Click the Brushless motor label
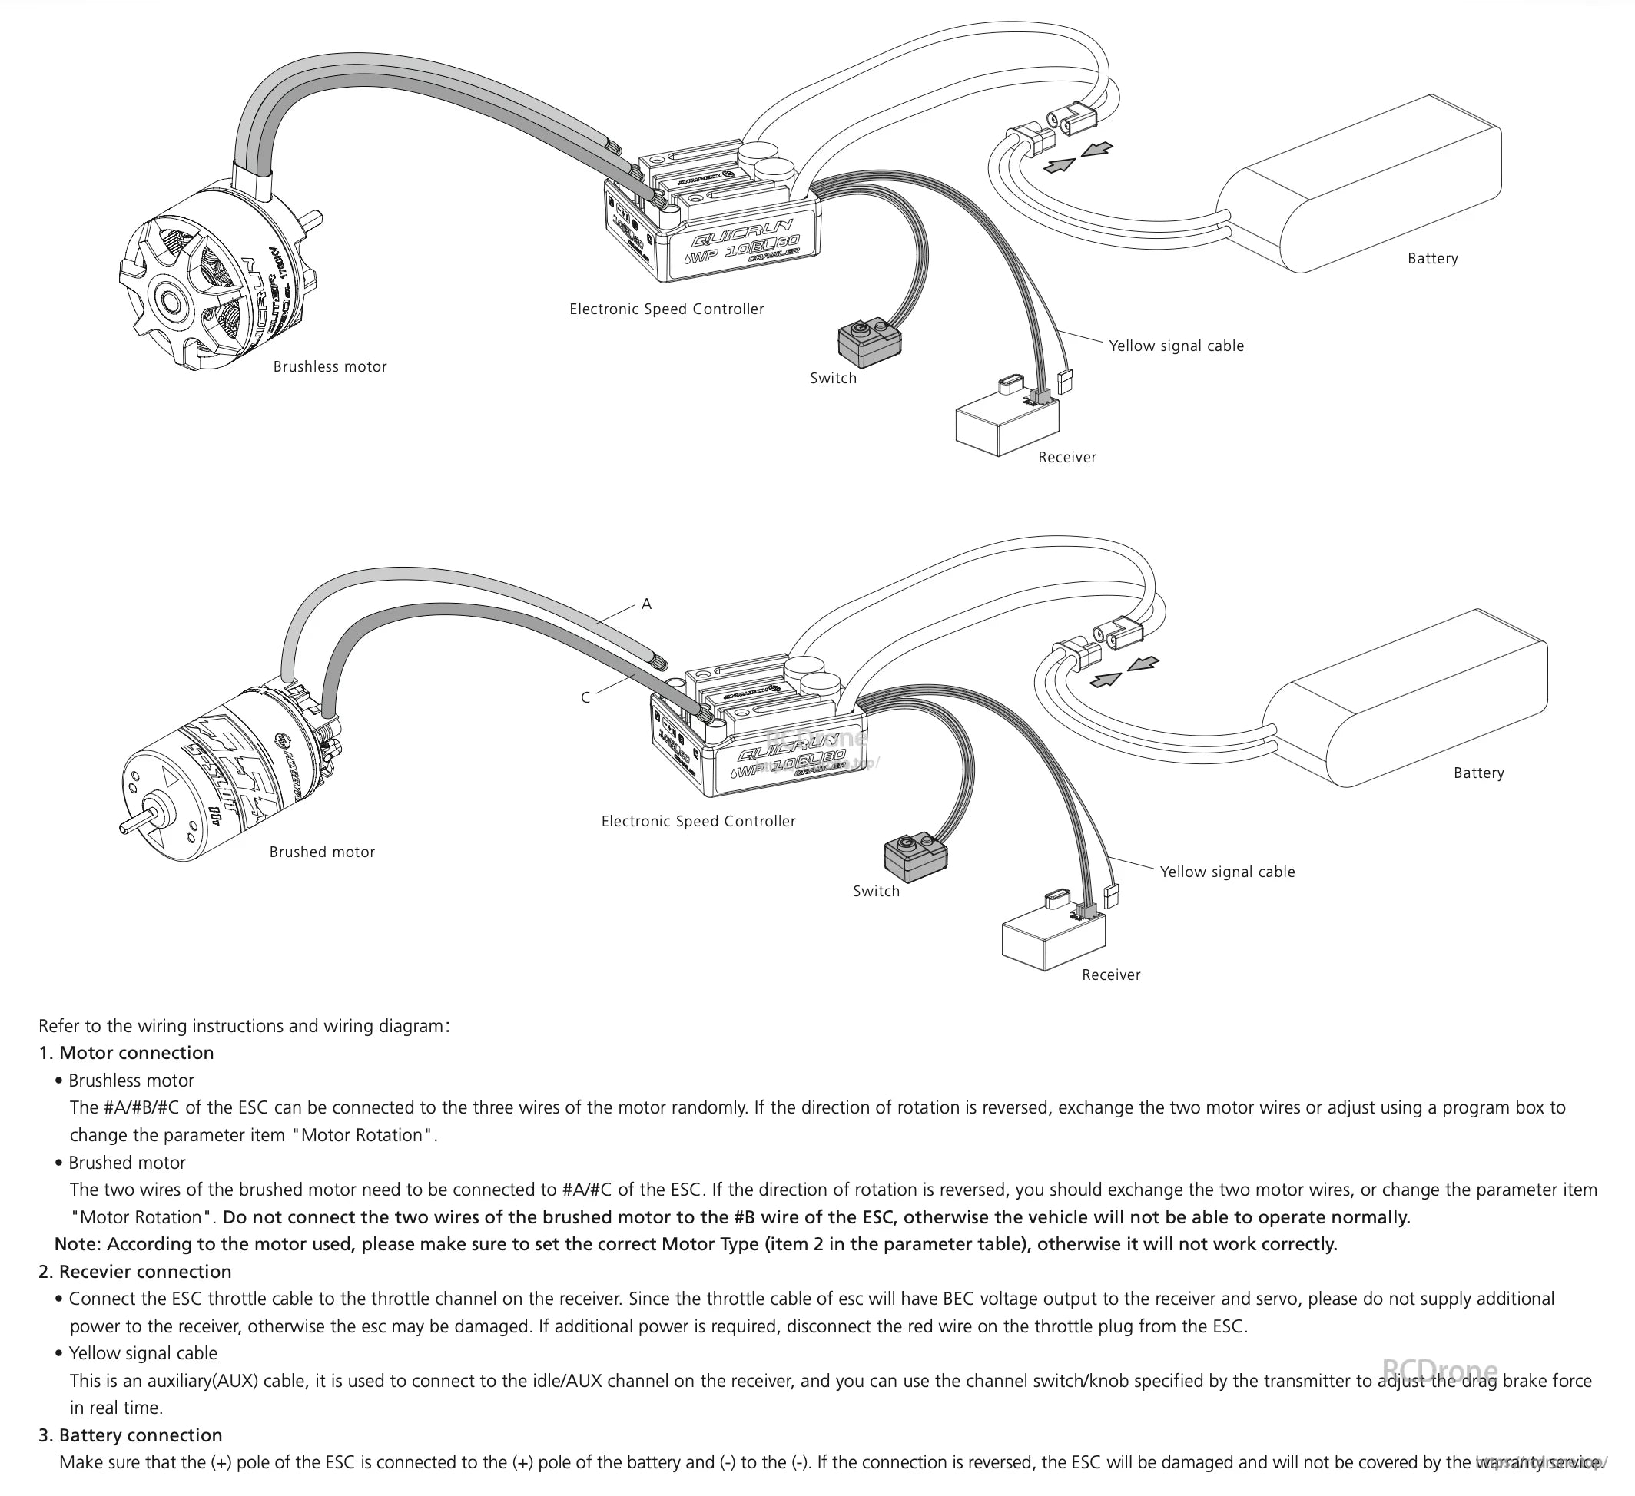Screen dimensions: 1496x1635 point(330,366)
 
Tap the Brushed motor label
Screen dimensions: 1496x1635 point(322,852)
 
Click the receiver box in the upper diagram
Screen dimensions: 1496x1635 point(1007,425)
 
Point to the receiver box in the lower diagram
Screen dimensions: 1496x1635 point(1053,941)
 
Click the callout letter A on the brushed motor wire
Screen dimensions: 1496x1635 point(646,604)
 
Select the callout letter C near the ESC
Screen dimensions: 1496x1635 point(585,697)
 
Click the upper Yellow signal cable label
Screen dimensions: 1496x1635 point(1176,346)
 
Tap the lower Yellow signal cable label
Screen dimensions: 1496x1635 point(1227,872)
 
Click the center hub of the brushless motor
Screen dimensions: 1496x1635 point(172,303)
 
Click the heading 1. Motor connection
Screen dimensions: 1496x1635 point(127,1052)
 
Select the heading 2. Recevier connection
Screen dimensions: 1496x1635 point(134,1272)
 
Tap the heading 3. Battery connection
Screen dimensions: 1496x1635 point(131,1435)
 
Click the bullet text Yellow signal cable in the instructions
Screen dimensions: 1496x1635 point(143,1353)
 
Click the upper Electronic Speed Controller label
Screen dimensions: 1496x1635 point(666,309)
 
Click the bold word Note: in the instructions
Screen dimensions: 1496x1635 point(78,1244)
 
